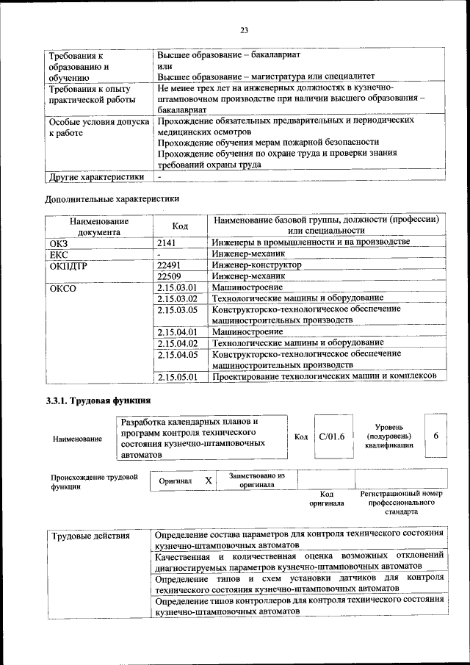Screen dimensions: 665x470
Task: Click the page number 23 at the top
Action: [243, 30]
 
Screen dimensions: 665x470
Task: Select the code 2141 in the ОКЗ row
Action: [168, 242]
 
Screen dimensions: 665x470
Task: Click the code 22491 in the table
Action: [170, 265]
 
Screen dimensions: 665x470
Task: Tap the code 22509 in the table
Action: [170, 276]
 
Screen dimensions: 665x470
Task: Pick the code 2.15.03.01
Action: [178, 287]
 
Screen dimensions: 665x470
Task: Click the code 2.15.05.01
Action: [178, 377]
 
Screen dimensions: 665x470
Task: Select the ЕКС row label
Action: [59, 254]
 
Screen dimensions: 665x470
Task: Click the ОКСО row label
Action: [62, 288]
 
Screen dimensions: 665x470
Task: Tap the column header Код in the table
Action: [181, 226]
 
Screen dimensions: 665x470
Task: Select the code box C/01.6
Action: [332, 437]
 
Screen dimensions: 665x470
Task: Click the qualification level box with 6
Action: [436, 436]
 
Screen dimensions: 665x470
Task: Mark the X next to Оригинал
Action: [209, 480]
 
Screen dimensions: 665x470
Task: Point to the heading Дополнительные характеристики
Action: [112, 198]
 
